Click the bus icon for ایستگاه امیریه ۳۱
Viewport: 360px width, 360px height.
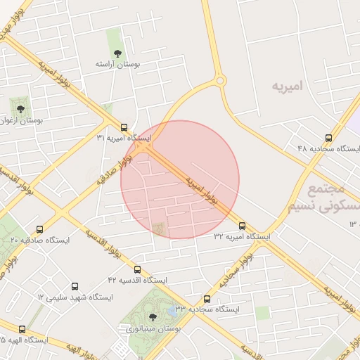pyautogui.click(x=124, y=128)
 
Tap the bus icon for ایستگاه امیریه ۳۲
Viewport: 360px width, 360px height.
pyautogui.click(x=243, y=226)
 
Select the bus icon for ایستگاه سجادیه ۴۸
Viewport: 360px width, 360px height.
pyautogui.click(x=349, y=138)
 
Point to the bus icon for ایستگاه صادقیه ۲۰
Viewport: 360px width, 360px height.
pyautogui.click(x=39, y=229)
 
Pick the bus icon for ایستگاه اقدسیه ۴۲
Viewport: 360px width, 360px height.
pyautogui.click(x=137, y=269)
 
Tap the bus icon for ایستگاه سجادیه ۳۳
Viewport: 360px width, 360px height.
pyautogui.click(x=206, y=299)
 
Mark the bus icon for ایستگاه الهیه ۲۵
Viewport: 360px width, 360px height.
pyautogui.click(x=22, y=329)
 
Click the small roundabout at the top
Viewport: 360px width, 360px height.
pyautogui.click(x=221, y=81)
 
